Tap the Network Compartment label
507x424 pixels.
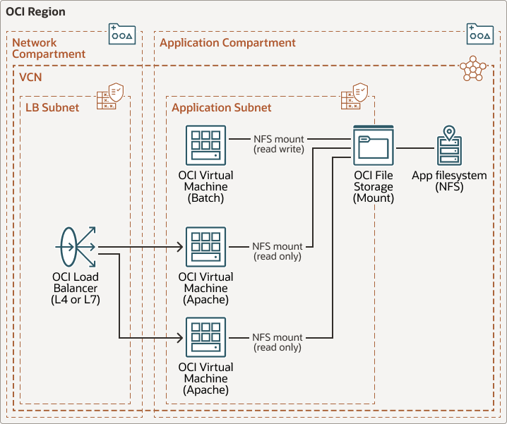coord(49,49)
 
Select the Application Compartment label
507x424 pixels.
coord(227,43)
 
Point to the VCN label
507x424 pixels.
coord(31,75)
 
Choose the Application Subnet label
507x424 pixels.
coord(221,107)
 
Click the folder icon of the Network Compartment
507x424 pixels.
coord(121,34)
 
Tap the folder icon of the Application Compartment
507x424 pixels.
coord(479,34)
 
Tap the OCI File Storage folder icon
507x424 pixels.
coord(373,145)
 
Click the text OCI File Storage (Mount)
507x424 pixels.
coord(373,186)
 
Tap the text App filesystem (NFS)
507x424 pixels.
coord(449,181)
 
